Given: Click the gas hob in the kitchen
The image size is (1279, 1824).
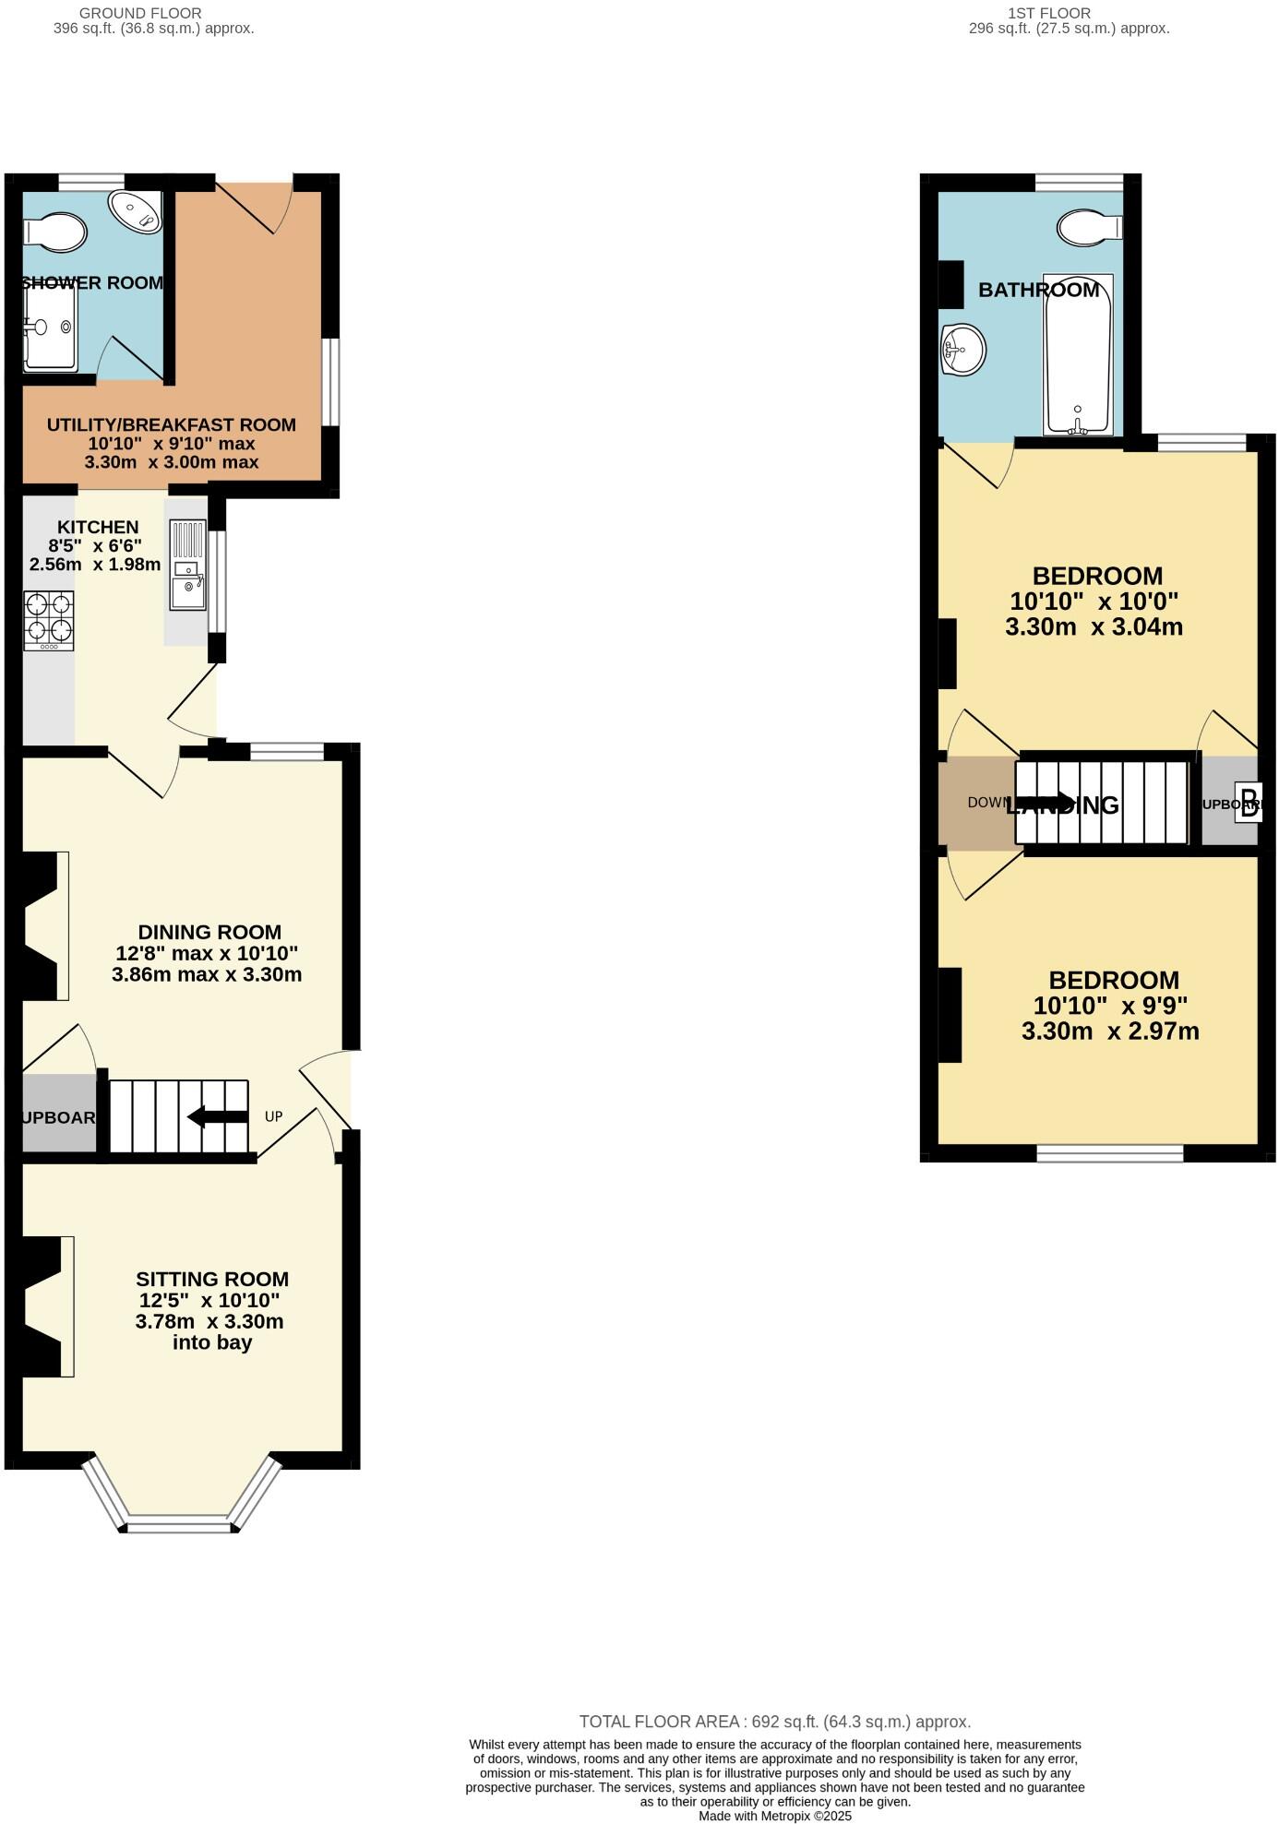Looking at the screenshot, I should click(x=49, y=619).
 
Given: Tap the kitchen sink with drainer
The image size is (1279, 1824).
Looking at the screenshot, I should click(x=188, y=565).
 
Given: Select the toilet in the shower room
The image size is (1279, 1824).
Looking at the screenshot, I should click(x=55, y=232).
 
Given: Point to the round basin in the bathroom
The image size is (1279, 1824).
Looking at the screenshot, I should click(x=962, y=351).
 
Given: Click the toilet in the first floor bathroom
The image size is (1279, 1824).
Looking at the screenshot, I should click(x=1089, y=227).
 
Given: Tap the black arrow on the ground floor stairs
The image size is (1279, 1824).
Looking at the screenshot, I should click(x=218, y=1116).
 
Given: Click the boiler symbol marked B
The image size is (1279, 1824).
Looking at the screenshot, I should click(x=1249, y=802).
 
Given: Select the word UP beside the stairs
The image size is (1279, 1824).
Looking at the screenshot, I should click(x=273, y=1116).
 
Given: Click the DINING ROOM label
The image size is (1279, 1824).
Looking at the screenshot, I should click(x=209, y=932).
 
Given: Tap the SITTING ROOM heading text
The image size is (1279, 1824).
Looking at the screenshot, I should click(x=212, y=1279).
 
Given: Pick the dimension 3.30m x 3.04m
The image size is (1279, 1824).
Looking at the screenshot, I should click(x=1094, y=627).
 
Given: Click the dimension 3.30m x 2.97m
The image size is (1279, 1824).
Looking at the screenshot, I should click(x=1110, y=1031).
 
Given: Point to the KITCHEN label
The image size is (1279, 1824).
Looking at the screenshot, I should click(x=98, y=527).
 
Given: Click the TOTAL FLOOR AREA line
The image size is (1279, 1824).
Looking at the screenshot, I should click(x=774, y=1722).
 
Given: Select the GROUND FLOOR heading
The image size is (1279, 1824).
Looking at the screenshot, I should click(x=140, y=13).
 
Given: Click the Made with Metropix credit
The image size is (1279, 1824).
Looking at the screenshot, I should click(x=774, y=1816).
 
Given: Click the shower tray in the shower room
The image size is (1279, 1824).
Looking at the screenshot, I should click(x=51, y=328).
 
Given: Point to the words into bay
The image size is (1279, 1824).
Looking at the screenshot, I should click(x=212, y=1342).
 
